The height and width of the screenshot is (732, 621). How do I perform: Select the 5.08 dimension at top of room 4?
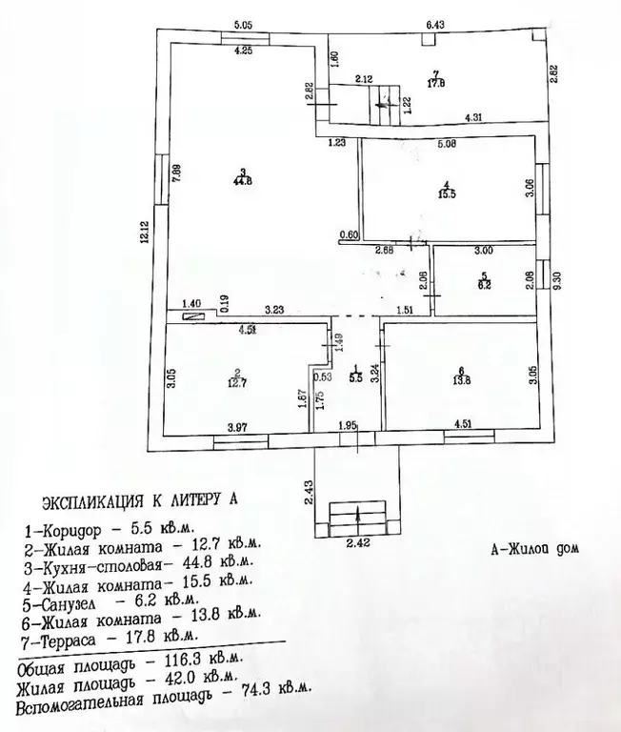(x=445, y=146)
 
